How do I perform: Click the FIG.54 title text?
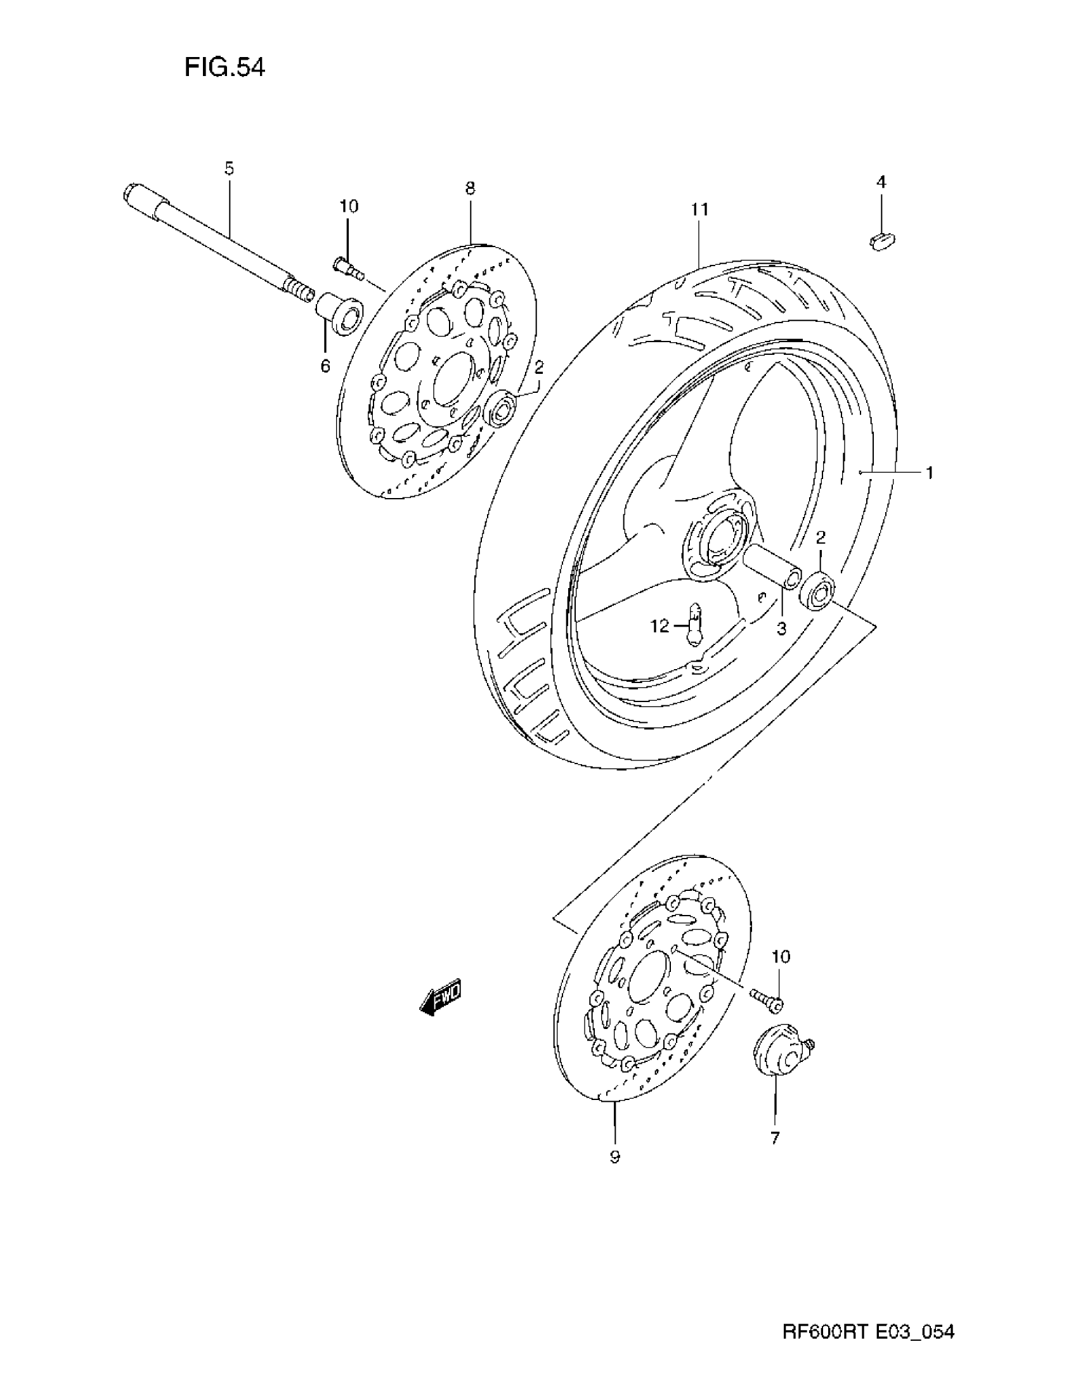(224, 67)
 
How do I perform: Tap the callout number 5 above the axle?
(229, 169)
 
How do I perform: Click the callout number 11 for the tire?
(699, 209)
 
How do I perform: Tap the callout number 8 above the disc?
(470, 188)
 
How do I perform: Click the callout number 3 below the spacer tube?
(781, 628)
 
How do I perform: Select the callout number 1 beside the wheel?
(929, 473)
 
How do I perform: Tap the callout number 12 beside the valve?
(659, 626)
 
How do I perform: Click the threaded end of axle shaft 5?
(299, 290)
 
